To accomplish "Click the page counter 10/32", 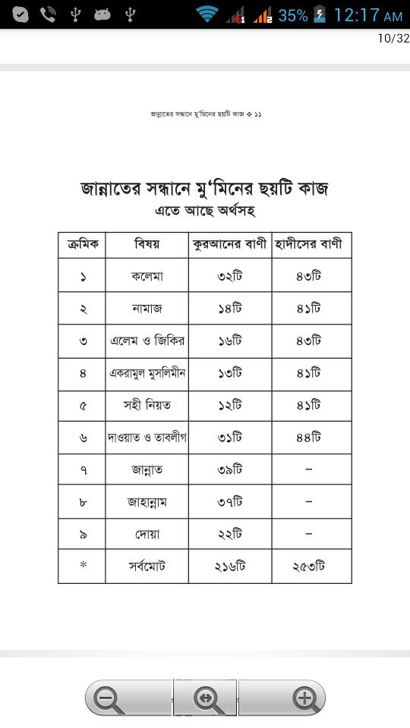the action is tap(393, 39).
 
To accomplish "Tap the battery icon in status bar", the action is tap(320, 14).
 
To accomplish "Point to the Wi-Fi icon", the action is tap(206, 14).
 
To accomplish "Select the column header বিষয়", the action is tap(147, 244).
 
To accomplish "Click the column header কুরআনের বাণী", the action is tap(230, 244).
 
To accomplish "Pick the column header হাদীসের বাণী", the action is tap(311, 244).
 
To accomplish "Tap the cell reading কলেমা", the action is tap(147, 276).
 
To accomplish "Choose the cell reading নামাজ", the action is tap(147, 309).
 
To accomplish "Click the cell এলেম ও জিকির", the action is tap(147, 340).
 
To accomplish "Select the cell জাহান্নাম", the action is tap(147, 502).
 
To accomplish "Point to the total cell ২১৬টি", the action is tap(230, 566).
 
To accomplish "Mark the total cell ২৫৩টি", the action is tap(311, 566).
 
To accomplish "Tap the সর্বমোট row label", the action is tap(147, 566).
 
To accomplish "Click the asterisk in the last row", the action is tap(82, 566).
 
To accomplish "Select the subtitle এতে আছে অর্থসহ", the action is tap(205, 210).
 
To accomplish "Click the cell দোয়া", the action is tap(147, 534).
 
